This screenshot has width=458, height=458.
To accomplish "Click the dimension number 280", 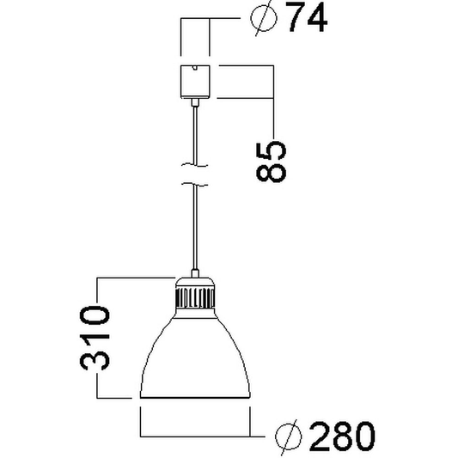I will (341, 437).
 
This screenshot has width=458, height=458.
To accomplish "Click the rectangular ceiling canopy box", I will (195, 81).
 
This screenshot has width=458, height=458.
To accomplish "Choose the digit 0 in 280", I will (362, 437).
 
